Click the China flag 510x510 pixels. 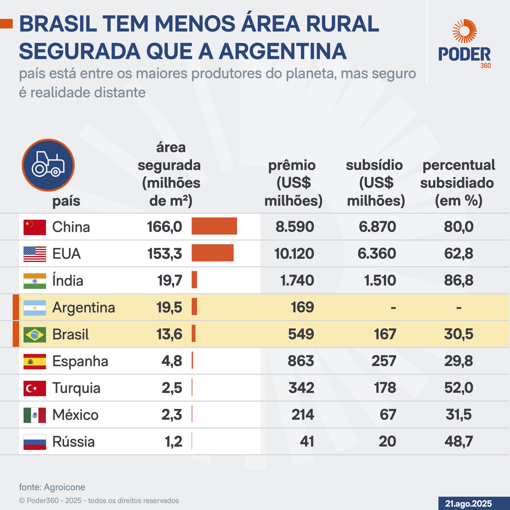pyautogui.click(x=35, y=227)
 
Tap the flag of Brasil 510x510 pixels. pyautogui.click(x=35, y=334)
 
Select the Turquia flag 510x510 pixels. pyautogui.click(x=35, y=388)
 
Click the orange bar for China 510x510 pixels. pyautogui.click(x=214, y=226)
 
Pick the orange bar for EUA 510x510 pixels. pyautogui.click(x=213, y=253)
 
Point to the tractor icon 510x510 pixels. pyautogui.click(x=48, y=165)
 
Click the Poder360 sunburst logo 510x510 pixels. pyautogui.click(x=464, y=31)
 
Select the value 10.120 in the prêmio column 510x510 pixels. pyautogui.click(x=294, y=253)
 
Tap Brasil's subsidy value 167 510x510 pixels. pyautogui.click(x=385, y=334)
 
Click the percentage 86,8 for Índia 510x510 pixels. pyautogui.click(x=459, y=280)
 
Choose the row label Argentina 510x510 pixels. pyautogui.click(x=84, y=308)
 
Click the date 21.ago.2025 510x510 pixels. pyautogui.click(x=469, y=503)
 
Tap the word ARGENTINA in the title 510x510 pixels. pyautogui.click(x=282, y=51)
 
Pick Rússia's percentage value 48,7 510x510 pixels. pyautogui.click(x=459, y=441)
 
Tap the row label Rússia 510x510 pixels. pyautogui.click(x=73, y=442)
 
